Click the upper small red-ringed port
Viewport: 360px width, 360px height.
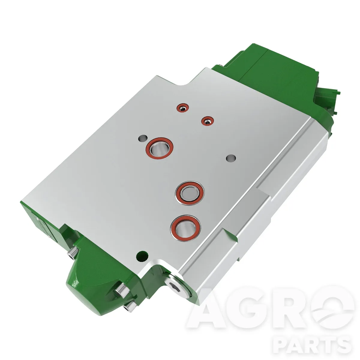[x=183, y=108]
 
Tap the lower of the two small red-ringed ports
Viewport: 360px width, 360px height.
[x=207, y=121]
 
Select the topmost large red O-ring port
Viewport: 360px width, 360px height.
[x=159, y=148]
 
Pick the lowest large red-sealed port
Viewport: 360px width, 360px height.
[x=185, y=228]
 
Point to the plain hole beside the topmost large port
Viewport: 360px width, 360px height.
[x=143, y=138]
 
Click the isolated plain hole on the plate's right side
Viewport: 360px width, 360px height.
[x=231, y=158]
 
